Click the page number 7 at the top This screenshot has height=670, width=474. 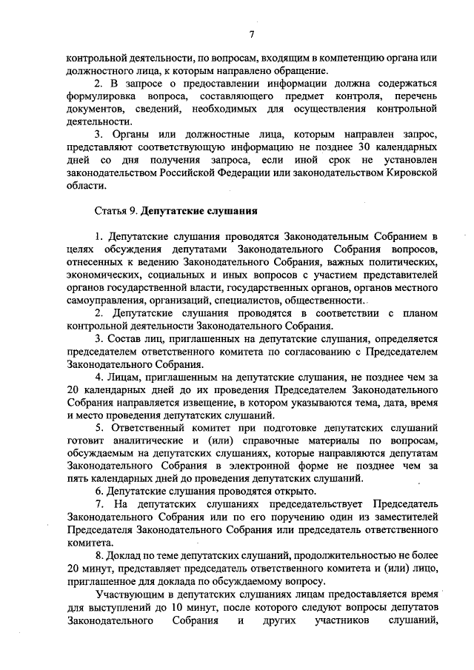coord(251,35)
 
